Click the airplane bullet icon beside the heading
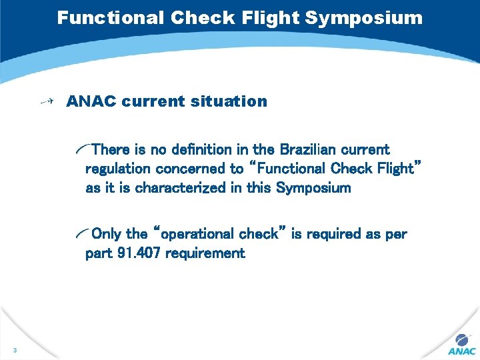coord(47,101)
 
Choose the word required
coord(337,234)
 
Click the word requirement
coord(205,253)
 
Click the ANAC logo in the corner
coord(461,344)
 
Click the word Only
coord(106,234)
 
